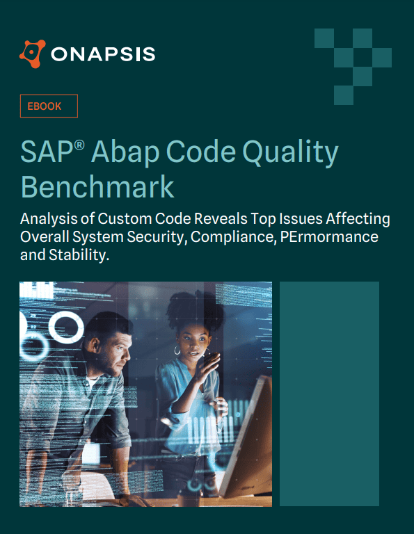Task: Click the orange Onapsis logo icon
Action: [x=33, y=53]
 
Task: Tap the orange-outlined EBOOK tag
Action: [x=48, y=106]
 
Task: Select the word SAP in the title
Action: [x=46, y=153]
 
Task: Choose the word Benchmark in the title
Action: [x=97, y=187]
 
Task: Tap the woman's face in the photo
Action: [x=190, y=341]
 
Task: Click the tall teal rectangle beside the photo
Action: [x=329, y=394]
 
